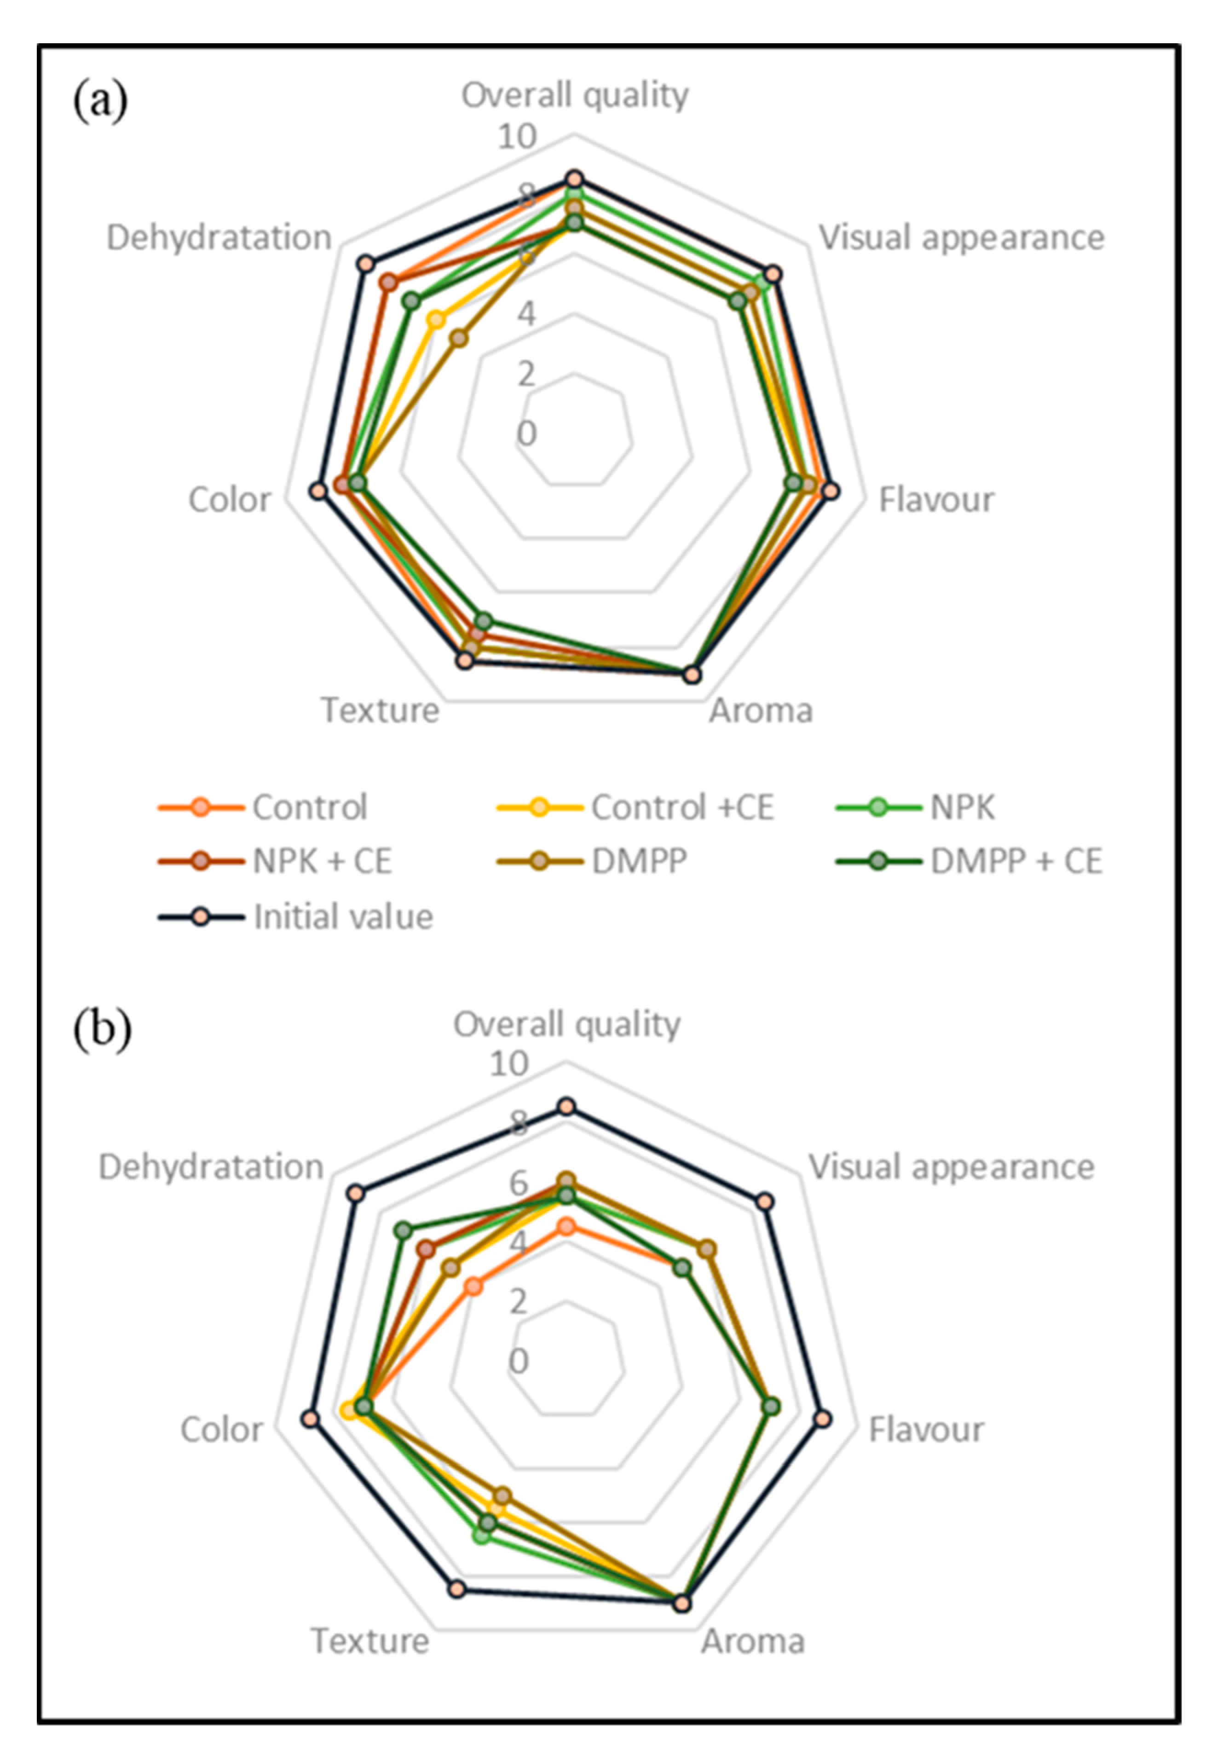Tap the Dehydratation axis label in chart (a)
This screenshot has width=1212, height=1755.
pos(219,238)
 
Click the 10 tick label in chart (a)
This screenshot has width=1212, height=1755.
pos(516,137)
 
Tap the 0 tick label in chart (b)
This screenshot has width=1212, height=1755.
pos(518,1362)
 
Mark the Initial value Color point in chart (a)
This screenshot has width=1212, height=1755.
pos(318,491)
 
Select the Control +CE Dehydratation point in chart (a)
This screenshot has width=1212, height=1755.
pos(435,320)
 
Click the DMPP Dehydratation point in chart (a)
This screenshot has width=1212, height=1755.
pos(458,339)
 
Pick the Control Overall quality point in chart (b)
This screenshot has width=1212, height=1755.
pos(566,1226)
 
